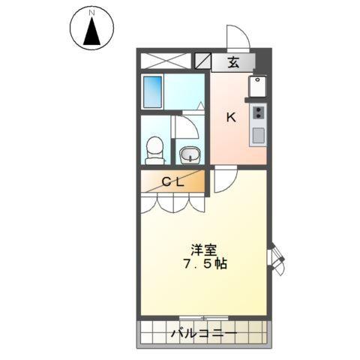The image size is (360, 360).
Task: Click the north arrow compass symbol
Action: pyautogui.click(x=91, y=30)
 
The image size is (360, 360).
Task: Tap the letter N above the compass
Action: pyautogui.click(x=91, y=13)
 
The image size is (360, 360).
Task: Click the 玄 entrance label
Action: pyautogui.click(x=233, y=63)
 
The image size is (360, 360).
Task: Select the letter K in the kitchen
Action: pyautogui.click(x=232, y=116)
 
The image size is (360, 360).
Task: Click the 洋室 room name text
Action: pyautogui.click(x=203, y=249)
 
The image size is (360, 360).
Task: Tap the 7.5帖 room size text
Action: pyautogui.click(x=205, y=265)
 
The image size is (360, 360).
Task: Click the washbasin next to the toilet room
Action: pyautogui.click(x=190, y=154)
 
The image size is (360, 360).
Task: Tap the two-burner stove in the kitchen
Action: pyautogui.click(x=258, y=113)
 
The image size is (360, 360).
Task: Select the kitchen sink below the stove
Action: pyautogui.click(x=258, y=136)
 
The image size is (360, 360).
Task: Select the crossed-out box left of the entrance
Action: pyautogui.click(x=166, y=62)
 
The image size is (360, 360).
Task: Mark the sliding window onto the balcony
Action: pyautogui.click(x=203, y=318)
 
